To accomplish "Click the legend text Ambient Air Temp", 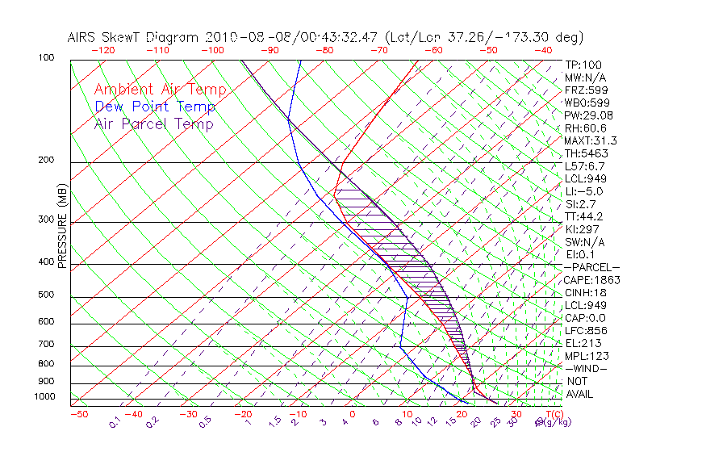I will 160,90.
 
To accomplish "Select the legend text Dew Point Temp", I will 155,107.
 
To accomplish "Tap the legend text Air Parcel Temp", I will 153,123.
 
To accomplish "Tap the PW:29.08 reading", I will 583,115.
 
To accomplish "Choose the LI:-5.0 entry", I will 583,191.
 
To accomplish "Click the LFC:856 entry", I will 585,330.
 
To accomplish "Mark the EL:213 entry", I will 582,343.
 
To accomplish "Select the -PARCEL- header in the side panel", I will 591,267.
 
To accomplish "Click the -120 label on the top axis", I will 102,50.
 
